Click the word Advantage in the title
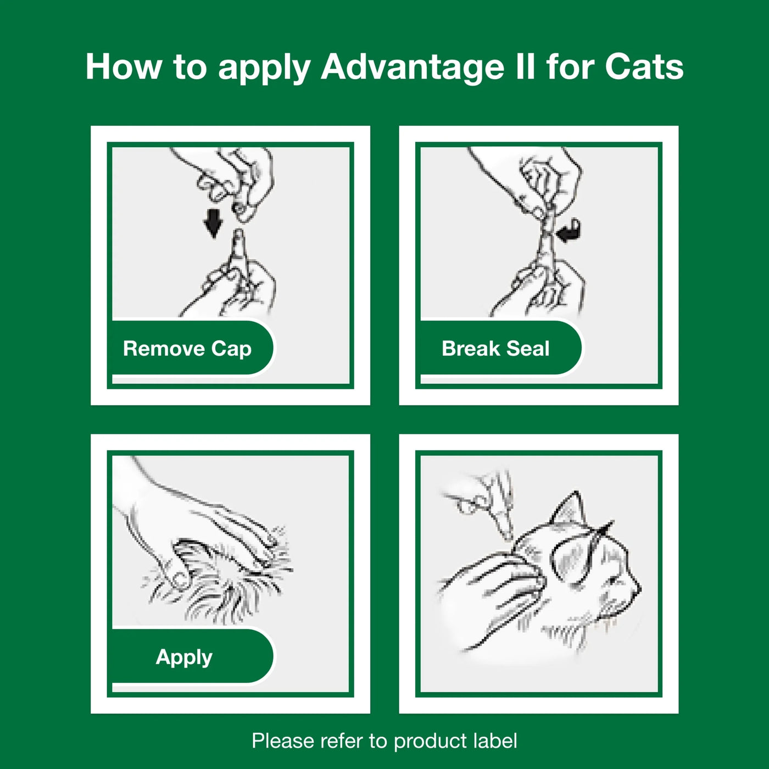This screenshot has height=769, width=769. (412, 67)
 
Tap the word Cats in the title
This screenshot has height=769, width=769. (644, 67)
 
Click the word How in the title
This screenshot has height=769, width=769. (124, 67)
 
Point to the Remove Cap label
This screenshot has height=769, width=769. (187, 348)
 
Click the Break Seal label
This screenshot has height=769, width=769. (495, 348)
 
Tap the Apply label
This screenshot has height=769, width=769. (184, 656)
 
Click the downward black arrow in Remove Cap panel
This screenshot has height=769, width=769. (213, 222)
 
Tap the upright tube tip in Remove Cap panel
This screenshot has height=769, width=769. (238, 242)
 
